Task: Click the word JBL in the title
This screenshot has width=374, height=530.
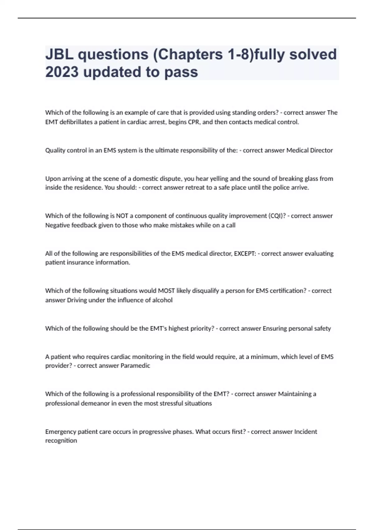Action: click(59, 55)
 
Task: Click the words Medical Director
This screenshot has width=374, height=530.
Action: click(309, 150)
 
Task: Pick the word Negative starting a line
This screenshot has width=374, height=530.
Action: click(57, 225)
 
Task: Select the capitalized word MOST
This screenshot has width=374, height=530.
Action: click(166, 291)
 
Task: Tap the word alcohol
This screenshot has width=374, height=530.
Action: click(162, 300)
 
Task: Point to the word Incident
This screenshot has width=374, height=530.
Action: click(305, 432)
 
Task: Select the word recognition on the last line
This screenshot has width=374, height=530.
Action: click(61, 441)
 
